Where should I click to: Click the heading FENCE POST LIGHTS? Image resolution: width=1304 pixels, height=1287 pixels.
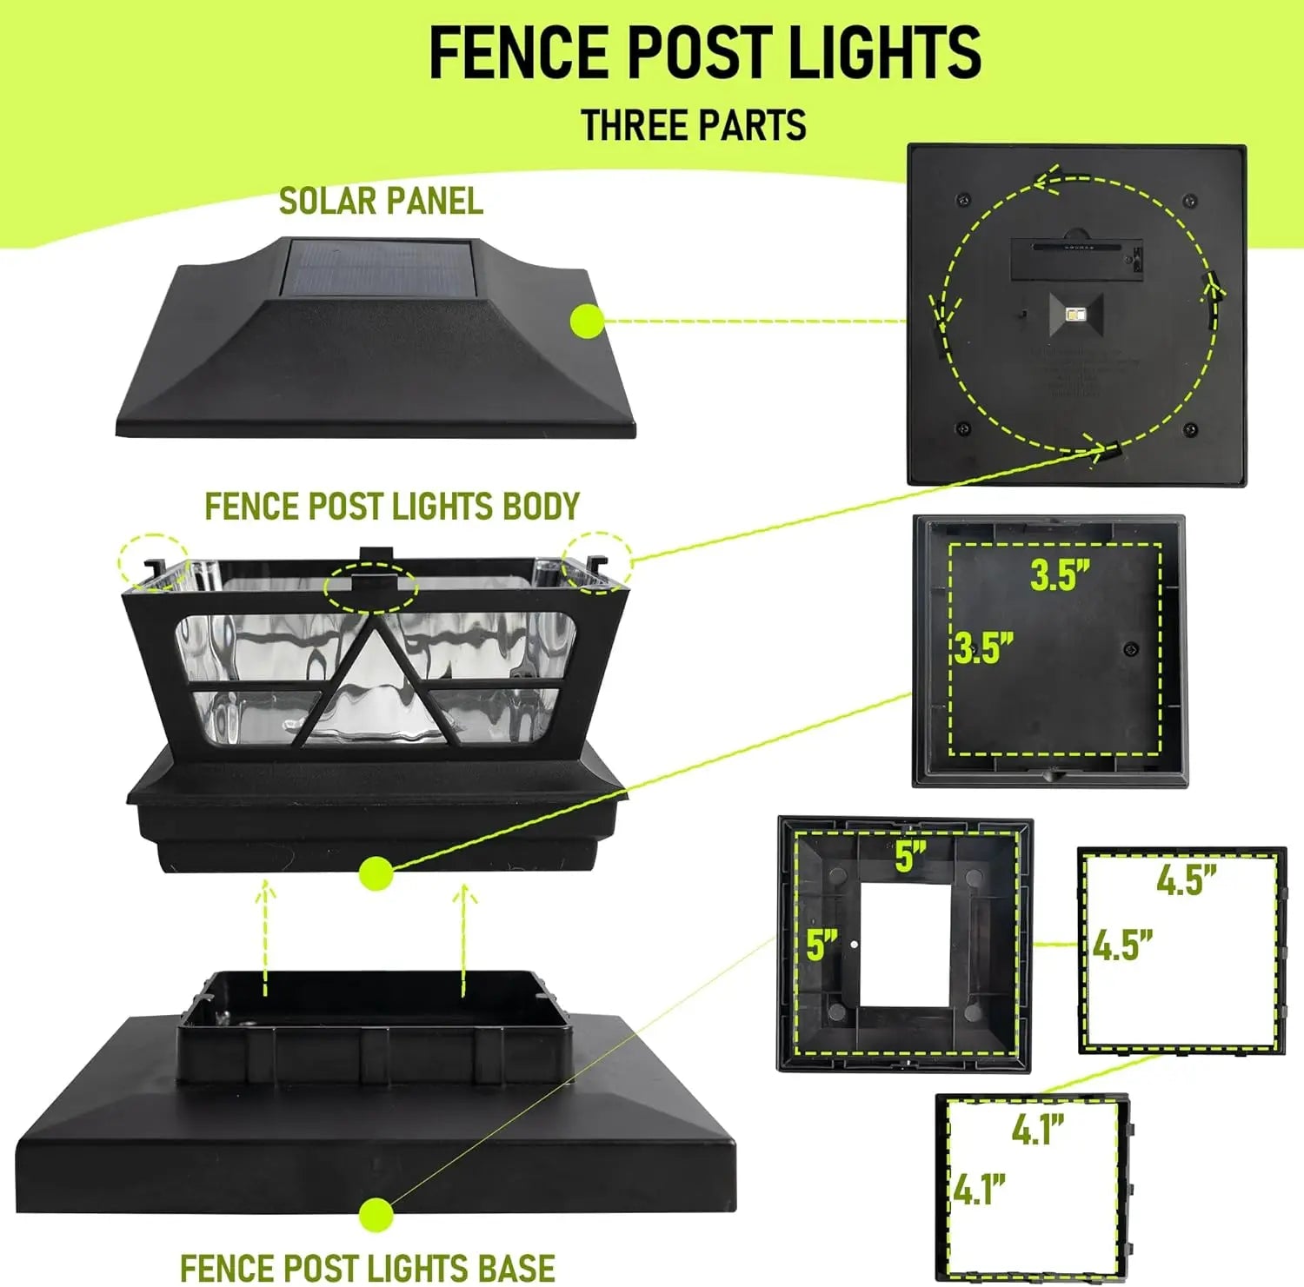(705, 53)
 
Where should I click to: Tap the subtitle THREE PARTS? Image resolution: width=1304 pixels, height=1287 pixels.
(693, 125)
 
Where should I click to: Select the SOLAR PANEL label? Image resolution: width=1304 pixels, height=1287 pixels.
(381, 202)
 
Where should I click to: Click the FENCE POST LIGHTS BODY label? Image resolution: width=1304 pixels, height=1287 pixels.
(392, 507)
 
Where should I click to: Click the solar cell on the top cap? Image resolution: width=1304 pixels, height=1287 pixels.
(377, 268)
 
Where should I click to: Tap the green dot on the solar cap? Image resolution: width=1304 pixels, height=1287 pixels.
(588, 322)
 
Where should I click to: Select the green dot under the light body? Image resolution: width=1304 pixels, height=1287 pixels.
(376, 872)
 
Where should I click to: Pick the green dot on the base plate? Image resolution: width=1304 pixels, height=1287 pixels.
(376, 1214)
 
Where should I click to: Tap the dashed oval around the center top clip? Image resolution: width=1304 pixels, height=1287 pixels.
(370, 587)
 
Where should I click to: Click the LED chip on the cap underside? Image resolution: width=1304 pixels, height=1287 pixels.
(1076, 313)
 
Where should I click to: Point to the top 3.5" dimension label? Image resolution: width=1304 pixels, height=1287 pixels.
(1060, 575)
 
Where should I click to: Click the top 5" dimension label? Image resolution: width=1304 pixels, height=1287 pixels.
(910, 857)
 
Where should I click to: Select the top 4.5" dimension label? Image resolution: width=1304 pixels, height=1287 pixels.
(1186, 880)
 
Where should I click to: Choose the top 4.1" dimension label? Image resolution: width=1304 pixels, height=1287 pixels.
(1038, 1130)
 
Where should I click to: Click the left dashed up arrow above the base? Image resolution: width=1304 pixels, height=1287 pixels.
(265, 939)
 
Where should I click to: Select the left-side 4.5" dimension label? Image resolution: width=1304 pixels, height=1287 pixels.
(1121, 945)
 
